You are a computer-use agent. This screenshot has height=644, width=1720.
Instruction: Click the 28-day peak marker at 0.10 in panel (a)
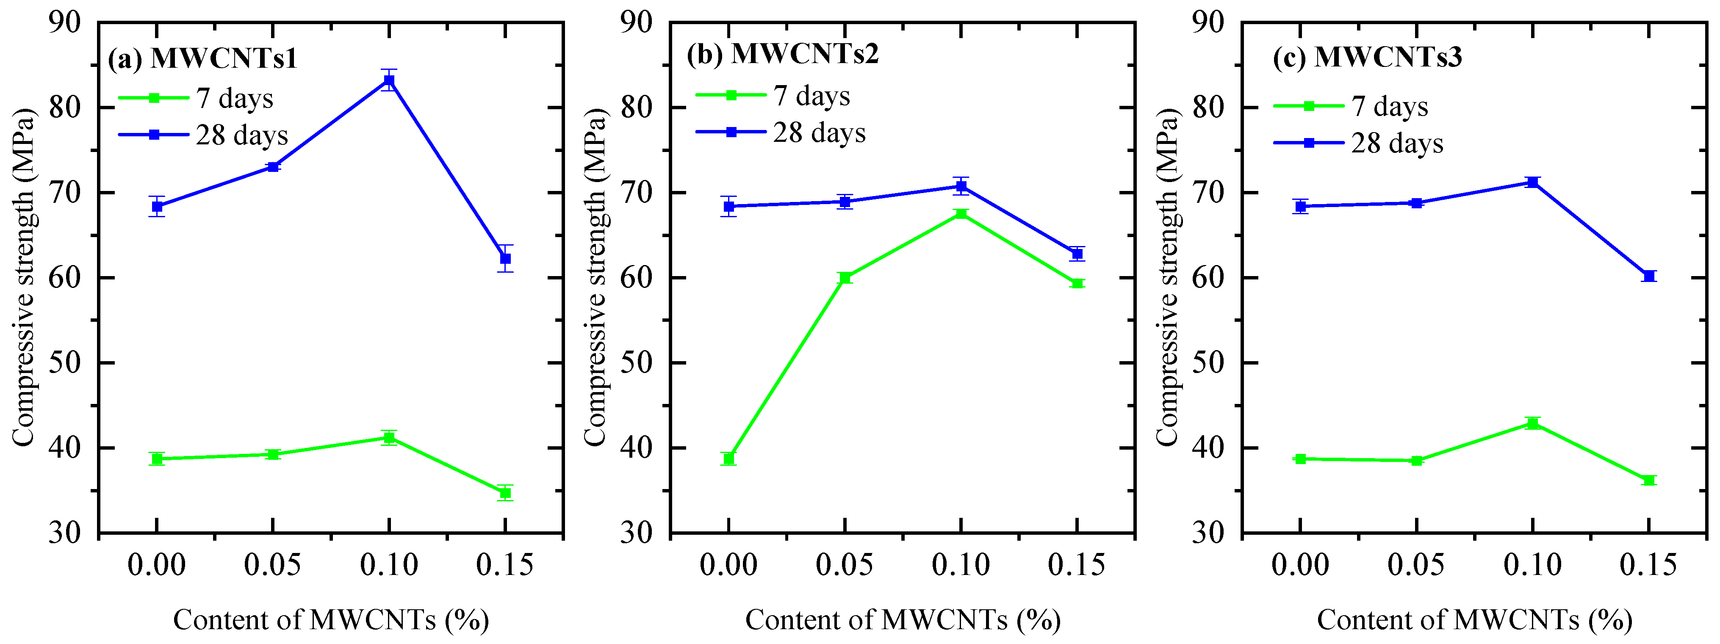(x=389, y=81)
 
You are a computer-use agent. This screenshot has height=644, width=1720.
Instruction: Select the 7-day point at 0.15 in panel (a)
(x=505, y=493)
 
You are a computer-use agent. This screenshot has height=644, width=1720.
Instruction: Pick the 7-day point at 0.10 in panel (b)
(x=961, y=213)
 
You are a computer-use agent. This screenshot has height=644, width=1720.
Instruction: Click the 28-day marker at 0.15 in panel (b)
(x=1077, y=254)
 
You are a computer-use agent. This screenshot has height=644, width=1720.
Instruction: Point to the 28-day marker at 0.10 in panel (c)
(x=1533, y=182)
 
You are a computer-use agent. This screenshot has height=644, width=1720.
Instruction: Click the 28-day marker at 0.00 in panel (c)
(x=1301, y=206)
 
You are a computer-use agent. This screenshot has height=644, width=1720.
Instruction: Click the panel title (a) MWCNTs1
(x=202, y=59)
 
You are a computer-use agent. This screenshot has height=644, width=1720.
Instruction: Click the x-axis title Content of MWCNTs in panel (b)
(x=903, y=620)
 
